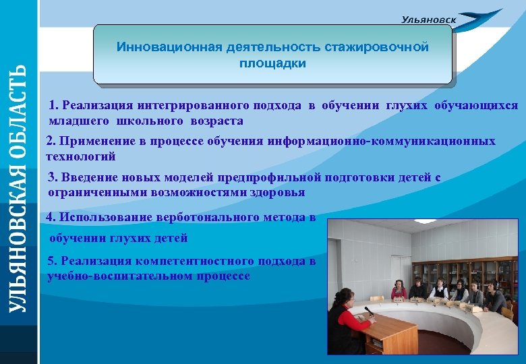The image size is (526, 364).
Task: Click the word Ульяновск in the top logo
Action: click(x=428, y=20)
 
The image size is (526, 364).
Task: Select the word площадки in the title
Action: click(x=272, y=64)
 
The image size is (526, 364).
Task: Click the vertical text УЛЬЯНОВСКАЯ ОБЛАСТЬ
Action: click(x=18, y=188)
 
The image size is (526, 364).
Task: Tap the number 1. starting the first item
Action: click(x=53, y=106)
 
